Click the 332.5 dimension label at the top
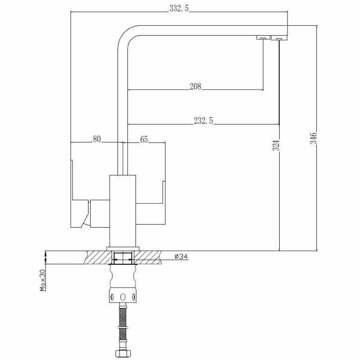pos(179,8)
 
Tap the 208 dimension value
pos(195,86)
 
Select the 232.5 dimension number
pos(203,120)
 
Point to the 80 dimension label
pos(97,139)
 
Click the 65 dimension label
pos(144,139)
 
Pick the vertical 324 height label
pos(276,145)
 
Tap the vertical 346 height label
pos(313,138)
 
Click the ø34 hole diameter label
pos(181,256)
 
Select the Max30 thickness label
pos(43,280)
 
